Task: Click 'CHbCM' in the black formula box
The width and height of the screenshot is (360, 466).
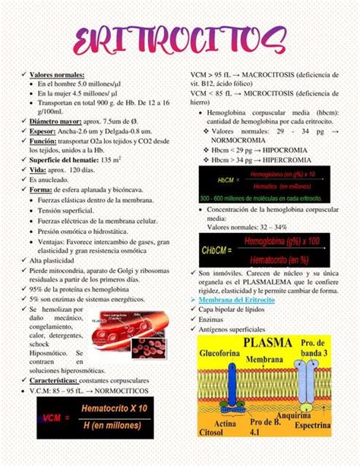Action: point(216,249)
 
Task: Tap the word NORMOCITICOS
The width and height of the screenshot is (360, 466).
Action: point(118,391)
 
